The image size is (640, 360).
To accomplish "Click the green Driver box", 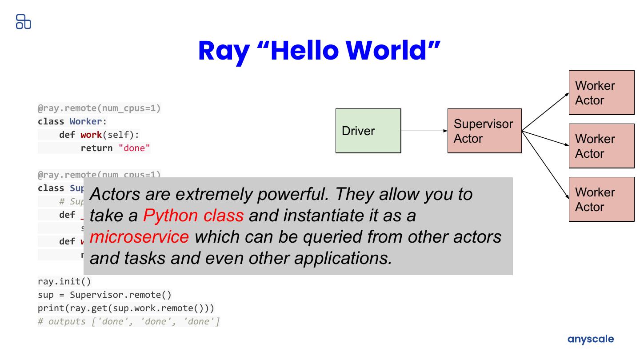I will (368, 131).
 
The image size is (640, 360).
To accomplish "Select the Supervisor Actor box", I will (484, 131).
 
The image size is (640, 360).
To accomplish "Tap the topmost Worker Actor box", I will (601, 92).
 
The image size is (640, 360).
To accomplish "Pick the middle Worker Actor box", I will (601, 146).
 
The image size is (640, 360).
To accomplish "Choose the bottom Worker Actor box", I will (601, 199).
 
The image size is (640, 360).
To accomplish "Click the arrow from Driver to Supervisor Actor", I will (424, 131).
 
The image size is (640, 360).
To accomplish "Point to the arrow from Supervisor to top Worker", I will (545, 112).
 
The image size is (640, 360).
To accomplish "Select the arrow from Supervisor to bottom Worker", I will (545, 164).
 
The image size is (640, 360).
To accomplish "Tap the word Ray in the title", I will (224, 51).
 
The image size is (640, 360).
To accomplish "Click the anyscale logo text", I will (591, 339).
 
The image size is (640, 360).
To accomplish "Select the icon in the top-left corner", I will (23, 21).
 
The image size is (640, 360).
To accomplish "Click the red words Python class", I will (193, 216).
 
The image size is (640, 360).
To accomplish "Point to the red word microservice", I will (139, 237).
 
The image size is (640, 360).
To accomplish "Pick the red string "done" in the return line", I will (134, 148).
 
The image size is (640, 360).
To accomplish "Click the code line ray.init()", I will (64, 282).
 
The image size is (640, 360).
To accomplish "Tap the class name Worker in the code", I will (86, 122).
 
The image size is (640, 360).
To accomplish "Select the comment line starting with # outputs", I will (129, 322).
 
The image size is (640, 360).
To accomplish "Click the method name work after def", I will (91, 135).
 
